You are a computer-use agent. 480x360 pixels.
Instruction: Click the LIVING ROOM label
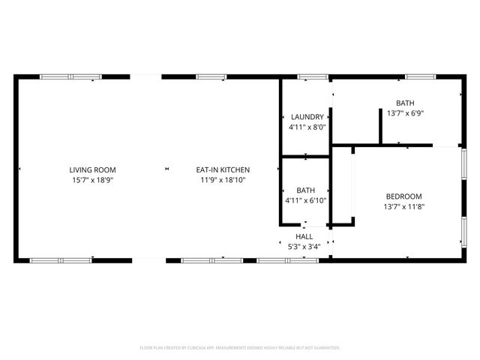click(x=93, y=169)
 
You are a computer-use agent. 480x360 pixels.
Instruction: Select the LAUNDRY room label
click(x=307, y=117)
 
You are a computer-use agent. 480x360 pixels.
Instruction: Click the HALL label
click(x=304, y=236)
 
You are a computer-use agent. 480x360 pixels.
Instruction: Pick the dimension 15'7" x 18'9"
click(x=93, y=180)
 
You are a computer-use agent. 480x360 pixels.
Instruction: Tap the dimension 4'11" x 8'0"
click(x=307, y=127)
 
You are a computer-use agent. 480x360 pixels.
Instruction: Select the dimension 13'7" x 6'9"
click(x=405, y=113)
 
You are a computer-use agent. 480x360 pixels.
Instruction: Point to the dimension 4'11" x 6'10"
click(x=305, y=201)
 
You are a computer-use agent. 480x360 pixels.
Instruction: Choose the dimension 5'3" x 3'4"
click(x=304, y=246)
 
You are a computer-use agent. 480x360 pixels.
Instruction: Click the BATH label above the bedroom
click(x=405, y=103)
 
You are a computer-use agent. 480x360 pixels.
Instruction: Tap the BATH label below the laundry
click(x=305, y=190)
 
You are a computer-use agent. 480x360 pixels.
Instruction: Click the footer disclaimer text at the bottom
click(x=240, y=348)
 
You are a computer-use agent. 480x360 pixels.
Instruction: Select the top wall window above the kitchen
click(x=211, y=76)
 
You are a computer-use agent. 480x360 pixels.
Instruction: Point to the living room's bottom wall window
click(x=60, y=260)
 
